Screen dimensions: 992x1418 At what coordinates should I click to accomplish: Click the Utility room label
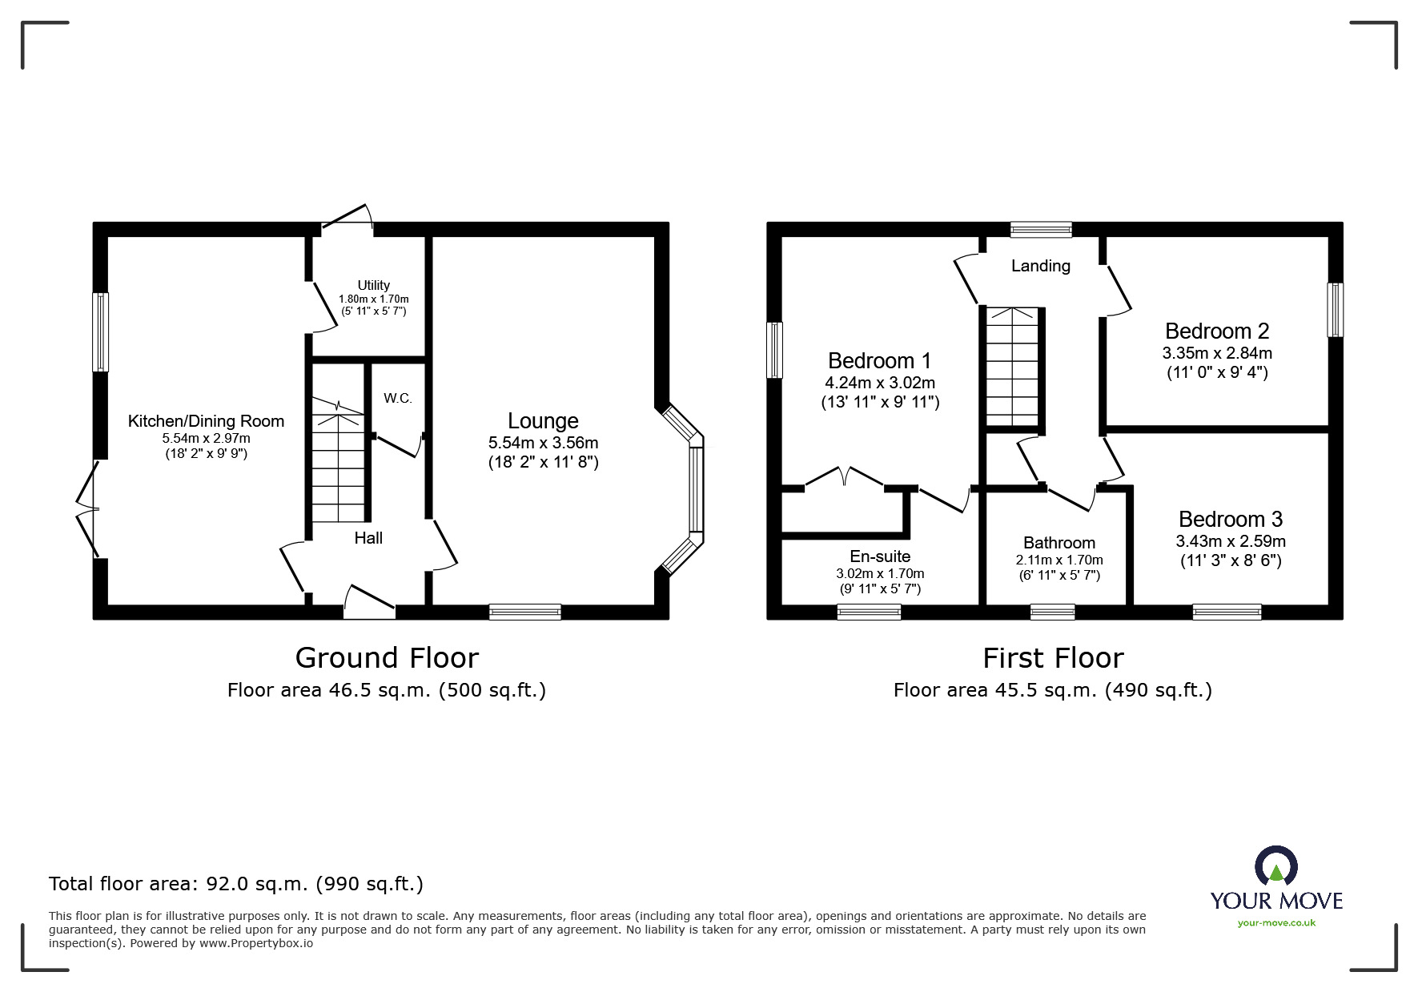tap(373, 285)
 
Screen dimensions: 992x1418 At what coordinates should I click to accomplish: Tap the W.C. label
tap(397, 398)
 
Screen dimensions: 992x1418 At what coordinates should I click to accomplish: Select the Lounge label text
tap(543, 420)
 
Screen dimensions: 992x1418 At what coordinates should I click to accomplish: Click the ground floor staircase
tap(338, 464)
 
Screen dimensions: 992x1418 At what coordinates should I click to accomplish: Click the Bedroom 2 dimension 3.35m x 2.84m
tap(1216, 353)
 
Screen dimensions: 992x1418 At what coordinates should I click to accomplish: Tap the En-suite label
tap(880, 556)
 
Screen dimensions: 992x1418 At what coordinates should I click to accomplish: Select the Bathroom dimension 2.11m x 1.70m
tap(1058, 560)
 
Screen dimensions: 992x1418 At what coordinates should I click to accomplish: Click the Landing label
tap(1040, 266)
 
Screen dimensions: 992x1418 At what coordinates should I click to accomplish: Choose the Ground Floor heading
tap(387, 657)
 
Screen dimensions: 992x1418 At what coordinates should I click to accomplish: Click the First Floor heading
tap(1053, 658)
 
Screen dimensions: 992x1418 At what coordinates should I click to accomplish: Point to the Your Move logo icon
tap(1275, 866)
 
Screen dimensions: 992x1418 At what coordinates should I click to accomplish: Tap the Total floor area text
tap(236, 884)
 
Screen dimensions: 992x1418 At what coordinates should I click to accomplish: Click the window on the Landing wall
tap(1040, 230)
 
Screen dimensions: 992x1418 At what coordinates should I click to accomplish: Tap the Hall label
tap(368, 538)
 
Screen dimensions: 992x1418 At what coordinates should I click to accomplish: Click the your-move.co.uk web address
tap(1276, 922)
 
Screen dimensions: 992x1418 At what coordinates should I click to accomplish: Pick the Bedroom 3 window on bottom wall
tap(1227, 612)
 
